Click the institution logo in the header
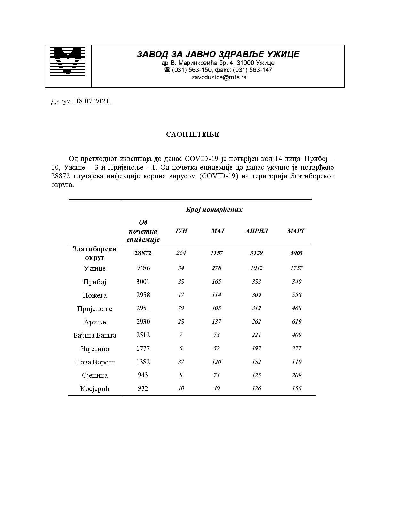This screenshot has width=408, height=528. tap(68, 61)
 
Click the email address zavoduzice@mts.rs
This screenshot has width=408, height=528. tap(219, 77)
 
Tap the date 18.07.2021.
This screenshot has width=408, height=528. tap(93, 101)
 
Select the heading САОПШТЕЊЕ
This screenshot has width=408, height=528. tap(193, 134)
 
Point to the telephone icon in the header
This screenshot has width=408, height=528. tap(167, 70)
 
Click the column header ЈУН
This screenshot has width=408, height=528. tap(181, 231)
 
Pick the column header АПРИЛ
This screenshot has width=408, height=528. tap(256, 231)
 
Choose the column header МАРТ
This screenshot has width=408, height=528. tap(296, 231)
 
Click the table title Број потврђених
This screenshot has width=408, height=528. tap(214, 210)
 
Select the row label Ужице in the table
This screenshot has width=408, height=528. tap(95, 268)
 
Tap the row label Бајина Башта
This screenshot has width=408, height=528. tap(95, 335)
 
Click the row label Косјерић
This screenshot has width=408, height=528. tap(95, 389)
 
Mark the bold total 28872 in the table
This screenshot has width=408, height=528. tap(143, 253)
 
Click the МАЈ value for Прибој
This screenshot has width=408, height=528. tap(217, 282)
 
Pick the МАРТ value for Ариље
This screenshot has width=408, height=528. tap(297, 322)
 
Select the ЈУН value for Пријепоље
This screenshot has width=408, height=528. tap(181, 308)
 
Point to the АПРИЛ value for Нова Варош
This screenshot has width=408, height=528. tap(256, 362)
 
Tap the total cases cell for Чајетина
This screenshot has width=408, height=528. tap(143, 348)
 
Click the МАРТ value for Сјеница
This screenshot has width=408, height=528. tap(297, 375)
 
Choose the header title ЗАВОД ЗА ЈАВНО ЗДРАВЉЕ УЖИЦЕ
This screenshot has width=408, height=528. tap(218, 54)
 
